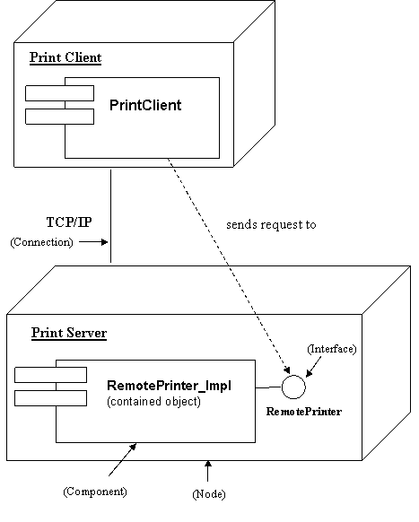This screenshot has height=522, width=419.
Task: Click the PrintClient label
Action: tap(144, 106)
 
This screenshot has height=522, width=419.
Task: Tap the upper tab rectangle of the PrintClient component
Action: tap(59, 93)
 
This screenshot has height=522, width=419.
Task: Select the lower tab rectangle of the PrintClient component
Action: tap(59, 116)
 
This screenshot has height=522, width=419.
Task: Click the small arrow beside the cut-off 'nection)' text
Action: tap(92, 242)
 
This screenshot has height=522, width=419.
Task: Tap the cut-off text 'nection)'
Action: tap(54, 242)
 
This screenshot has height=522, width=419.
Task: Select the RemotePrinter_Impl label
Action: tap(169, 386)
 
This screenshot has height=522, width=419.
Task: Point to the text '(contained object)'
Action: tap(153, 402)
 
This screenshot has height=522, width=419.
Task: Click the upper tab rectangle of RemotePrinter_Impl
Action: tap(50, 375)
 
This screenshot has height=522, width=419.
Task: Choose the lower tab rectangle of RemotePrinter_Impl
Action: tap(50, 397)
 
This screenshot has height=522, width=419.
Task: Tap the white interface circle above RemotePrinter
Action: tap(293, 387)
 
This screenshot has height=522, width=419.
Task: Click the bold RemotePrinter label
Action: tap(304, 412)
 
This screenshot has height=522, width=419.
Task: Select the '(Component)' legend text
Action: tap(95, 492)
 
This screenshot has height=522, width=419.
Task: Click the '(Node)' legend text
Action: tap(209, 494)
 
